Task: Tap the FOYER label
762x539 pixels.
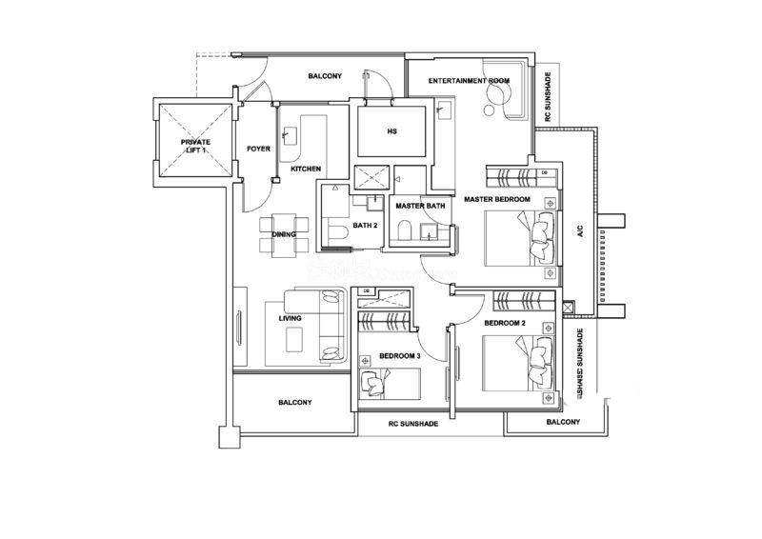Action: tap(258, 149)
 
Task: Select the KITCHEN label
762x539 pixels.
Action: tap(306, 169)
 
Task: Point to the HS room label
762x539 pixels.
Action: tap(391, 131)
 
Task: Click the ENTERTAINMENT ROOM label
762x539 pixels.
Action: tap(470, 81)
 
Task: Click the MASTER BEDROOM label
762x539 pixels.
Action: tap(496, 199)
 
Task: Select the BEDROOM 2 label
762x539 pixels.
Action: tap(505, 324)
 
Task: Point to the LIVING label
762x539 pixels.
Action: tap(290, 318)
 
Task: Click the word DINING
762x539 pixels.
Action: tap(284, 234)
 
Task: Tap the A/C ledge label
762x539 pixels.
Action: tap(579, 230)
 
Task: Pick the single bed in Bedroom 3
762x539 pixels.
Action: tap(391, 385)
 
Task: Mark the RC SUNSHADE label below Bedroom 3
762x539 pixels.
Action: tap(412, 423)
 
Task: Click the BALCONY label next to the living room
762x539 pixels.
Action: tap(295, 402)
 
